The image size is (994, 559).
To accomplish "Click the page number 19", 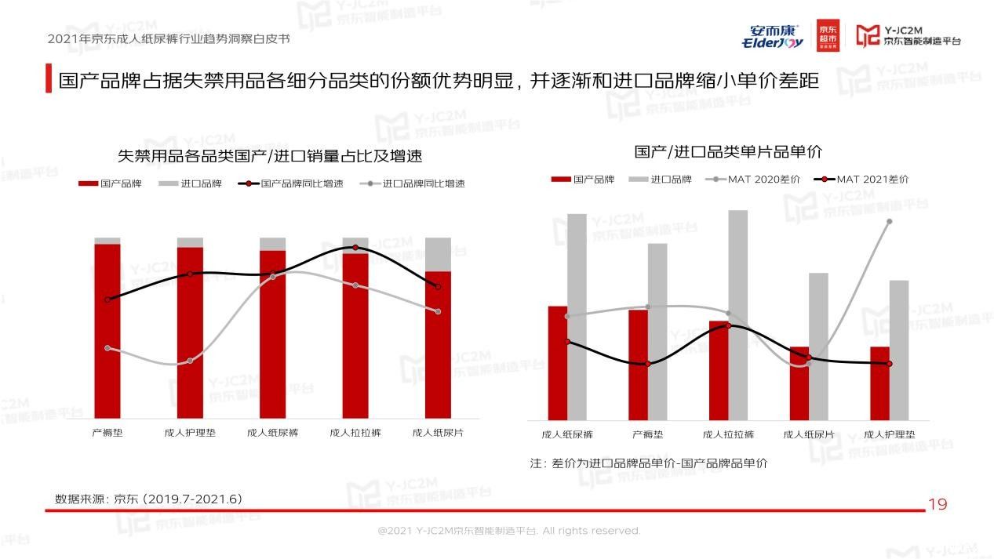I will point(938,504).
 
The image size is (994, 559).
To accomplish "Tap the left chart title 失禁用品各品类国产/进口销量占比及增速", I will point(270,156).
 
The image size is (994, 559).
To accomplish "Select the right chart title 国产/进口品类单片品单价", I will point(728,151).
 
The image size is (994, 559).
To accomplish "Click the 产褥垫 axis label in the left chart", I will point(107,432).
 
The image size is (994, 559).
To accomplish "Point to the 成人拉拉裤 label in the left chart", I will point(355,432).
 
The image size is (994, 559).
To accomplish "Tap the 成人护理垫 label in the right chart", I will point(890,434).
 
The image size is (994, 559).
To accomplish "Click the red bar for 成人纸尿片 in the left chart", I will point(439,345).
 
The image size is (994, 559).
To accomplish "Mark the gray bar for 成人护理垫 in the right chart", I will point(899,350).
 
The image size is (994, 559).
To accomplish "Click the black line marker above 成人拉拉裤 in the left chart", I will point(355,248).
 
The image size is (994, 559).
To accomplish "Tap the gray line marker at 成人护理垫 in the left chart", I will point(190,361).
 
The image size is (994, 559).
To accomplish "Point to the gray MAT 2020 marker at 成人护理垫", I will point(890,221).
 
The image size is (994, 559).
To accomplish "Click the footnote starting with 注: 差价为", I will point(648,463).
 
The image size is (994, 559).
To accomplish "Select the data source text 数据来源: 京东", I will point(148,499).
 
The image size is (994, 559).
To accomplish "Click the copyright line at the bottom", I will point(509,531).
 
